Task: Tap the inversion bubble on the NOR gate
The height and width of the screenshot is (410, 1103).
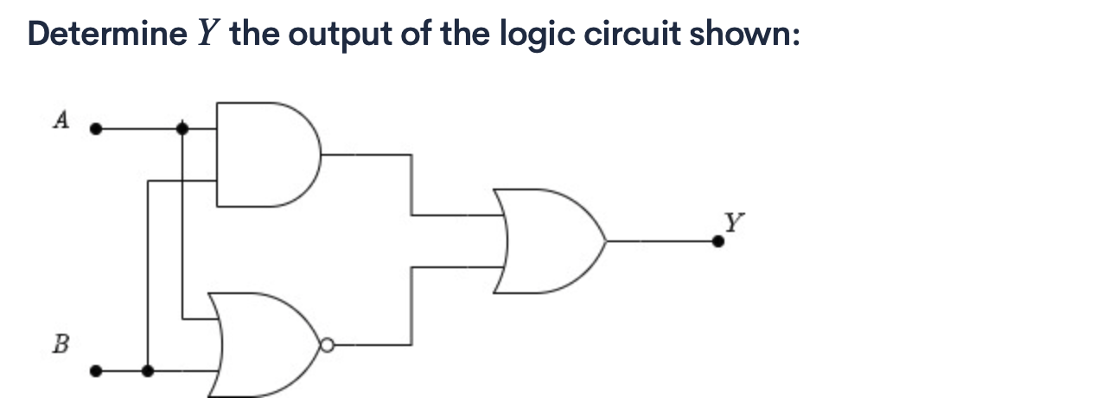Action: coord(326,345)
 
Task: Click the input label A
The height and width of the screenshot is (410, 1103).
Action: coord(60,120)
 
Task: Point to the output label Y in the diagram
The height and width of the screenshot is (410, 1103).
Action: coord(732,222)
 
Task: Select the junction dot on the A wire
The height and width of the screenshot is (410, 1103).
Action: coord(182,129)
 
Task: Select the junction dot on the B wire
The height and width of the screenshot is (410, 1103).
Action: coord(149,371)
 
